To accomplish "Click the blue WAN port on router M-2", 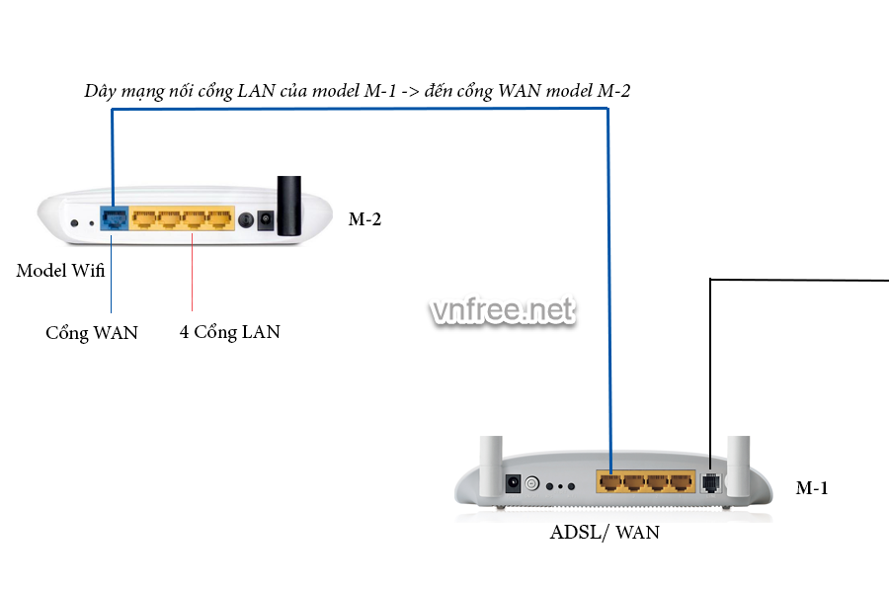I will pos(114,218).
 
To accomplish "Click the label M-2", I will pos(364,219).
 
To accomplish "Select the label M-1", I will pos(813,487).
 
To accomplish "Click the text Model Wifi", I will pos(60,270).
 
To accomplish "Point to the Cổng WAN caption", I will pos(92,333).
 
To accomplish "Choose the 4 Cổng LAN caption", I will pos(229,332).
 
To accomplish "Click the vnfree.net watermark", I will pos(502,310).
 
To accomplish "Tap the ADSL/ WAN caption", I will pos(605,533).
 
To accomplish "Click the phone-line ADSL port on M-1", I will pos(711,483).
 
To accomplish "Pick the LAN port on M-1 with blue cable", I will pos(611,483).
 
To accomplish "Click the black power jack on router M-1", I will pos(514,483).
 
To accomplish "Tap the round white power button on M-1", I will pos(532,484).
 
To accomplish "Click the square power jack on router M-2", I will pos(265,220).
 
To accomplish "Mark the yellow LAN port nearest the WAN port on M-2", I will pos(144,218).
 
